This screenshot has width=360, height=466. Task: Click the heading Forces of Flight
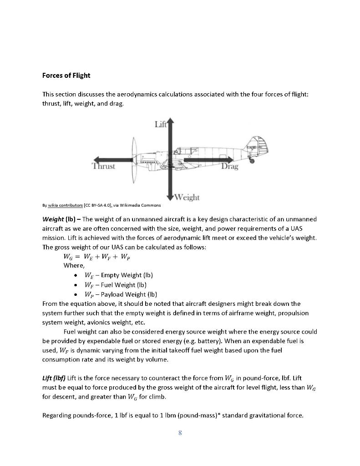click(x=66, y=75)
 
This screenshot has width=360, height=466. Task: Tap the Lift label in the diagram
click(x=160, y=124)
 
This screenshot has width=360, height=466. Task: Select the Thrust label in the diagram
click(x=104, y=167)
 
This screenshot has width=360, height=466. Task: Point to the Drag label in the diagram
click(x=229, y=167)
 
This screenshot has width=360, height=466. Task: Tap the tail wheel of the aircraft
click(x=253, y=160)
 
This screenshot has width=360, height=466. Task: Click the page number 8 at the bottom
click(x=180, y=433)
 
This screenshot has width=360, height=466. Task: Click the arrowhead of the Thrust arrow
click(x=96, y=159)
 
